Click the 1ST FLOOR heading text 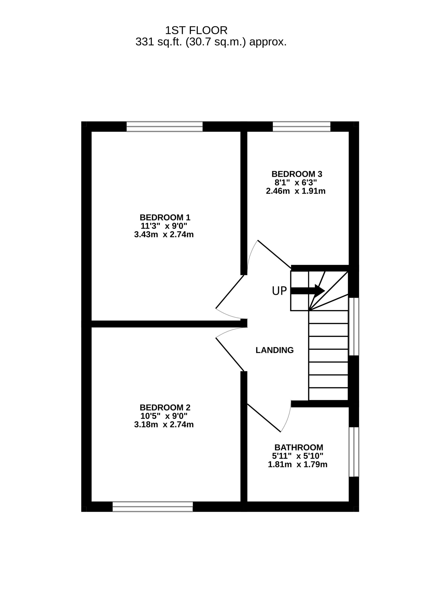coord(196,31)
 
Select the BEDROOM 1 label coord(165,218)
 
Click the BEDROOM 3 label coord(297,174)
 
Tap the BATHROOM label coord(299,455)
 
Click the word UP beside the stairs coord(279,291)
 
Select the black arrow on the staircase coord(308,291)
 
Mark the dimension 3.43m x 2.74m coord(164,235)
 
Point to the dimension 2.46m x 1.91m coord(296,191)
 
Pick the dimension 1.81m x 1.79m coord(298,472)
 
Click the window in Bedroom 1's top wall coord(165,126)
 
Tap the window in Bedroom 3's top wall coord(301,126)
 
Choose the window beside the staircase coord(354,326)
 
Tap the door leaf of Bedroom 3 coord(274,254)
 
